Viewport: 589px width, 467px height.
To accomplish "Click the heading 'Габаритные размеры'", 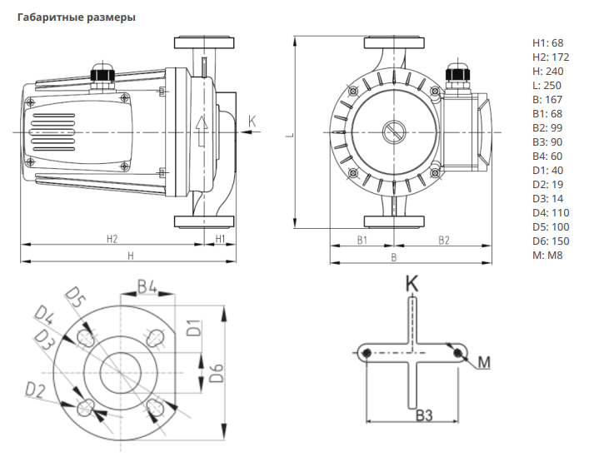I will pyautogui.click(x=76, y=17).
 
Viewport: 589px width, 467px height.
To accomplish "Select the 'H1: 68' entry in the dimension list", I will pyautogui.click(x=547, y=42).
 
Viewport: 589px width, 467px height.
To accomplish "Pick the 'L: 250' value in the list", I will pyautogui.click(x=547, y=85).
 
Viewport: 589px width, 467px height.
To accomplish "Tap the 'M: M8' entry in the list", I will pyautogui.click(x=547, y=255).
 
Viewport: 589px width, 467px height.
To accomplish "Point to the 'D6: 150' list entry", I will pyautogui.click(x=551, y=241).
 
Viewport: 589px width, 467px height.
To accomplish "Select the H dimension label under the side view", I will pyautogui.click(x=130, y=256).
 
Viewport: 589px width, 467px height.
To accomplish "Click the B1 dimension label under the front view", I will pyautogui.click(x=363, y=240).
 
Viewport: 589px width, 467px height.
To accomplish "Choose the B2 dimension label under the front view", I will pyautogui.click(x=444, y=240).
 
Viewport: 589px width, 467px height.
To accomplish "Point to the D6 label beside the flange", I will pyautogui.click(x=216, y=373).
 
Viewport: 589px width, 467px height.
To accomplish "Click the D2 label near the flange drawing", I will pyautogui.click(x=34, y=390).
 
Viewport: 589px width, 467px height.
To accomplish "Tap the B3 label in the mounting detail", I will pyautogui.click(x=423, y=414).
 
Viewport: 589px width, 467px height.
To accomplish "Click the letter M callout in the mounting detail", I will pyautogui.click(x=485, y=362).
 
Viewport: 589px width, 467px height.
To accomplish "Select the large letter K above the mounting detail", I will pyautogui.click(x=412, y=283).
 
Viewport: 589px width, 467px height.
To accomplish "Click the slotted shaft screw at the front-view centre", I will pyautogui.click(x=392, y=132).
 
